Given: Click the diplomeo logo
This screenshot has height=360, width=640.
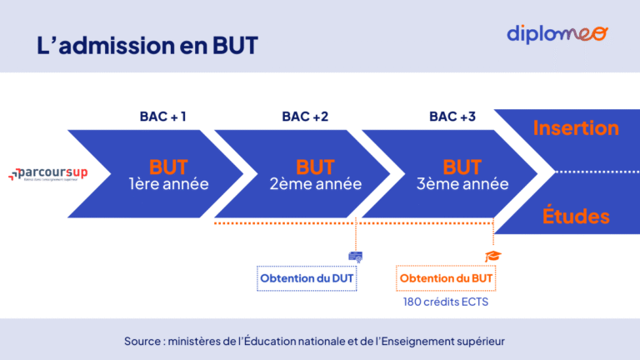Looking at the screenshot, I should tap(557, 34).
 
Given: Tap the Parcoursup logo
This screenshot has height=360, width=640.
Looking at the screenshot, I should tap(48, 173).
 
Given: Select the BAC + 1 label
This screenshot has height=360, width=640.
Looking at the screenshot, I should tap(162, 117).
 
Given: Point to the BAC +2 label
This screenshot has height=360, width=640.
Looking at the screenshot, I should tap(305, 117).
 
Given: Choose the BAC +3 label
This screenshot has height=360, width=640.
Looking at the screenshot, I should tap(452, 117).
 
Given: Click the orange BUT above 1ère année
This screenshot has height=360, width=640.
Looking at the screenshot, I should tap(168, 167).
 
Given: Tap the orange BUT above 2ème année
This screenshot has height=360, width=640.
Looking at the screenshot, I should tap(315, 167).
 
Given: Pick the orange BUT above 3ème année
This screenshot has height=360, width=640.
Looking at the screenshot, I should tap(462, 167).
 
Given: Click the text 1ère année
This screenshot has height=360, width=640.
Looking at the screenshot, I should tap(168, 184).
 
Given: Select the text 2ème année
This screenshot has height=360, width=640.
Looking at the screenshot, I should tap(315, 184).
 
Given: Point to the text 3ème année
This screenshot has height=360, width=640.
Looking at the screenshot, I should tap(462, 184).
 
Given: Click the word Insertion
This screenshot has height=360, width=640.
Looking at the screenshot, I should tap(576, 128).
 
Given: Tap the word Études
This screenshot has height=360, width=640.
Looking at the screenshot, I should tap(576, 217).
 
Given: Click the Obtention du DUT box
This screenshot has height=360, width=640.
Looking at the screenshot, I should tap(307, 277).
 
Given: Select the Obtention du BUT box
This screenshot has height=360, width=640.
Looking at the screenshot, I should tap(446, 277).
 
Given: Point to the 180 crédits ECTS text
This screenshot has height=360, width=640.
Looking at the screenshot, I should tap(446, 302).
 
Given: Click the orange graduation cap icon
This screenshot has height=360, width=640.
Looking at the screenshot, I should tap(492, 257).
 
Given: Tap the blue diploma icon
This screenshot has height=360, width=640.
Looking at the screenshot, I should tap(355, 256).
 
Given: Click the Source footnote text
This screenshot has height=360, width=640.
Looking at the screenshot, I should tap(314, 341).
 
